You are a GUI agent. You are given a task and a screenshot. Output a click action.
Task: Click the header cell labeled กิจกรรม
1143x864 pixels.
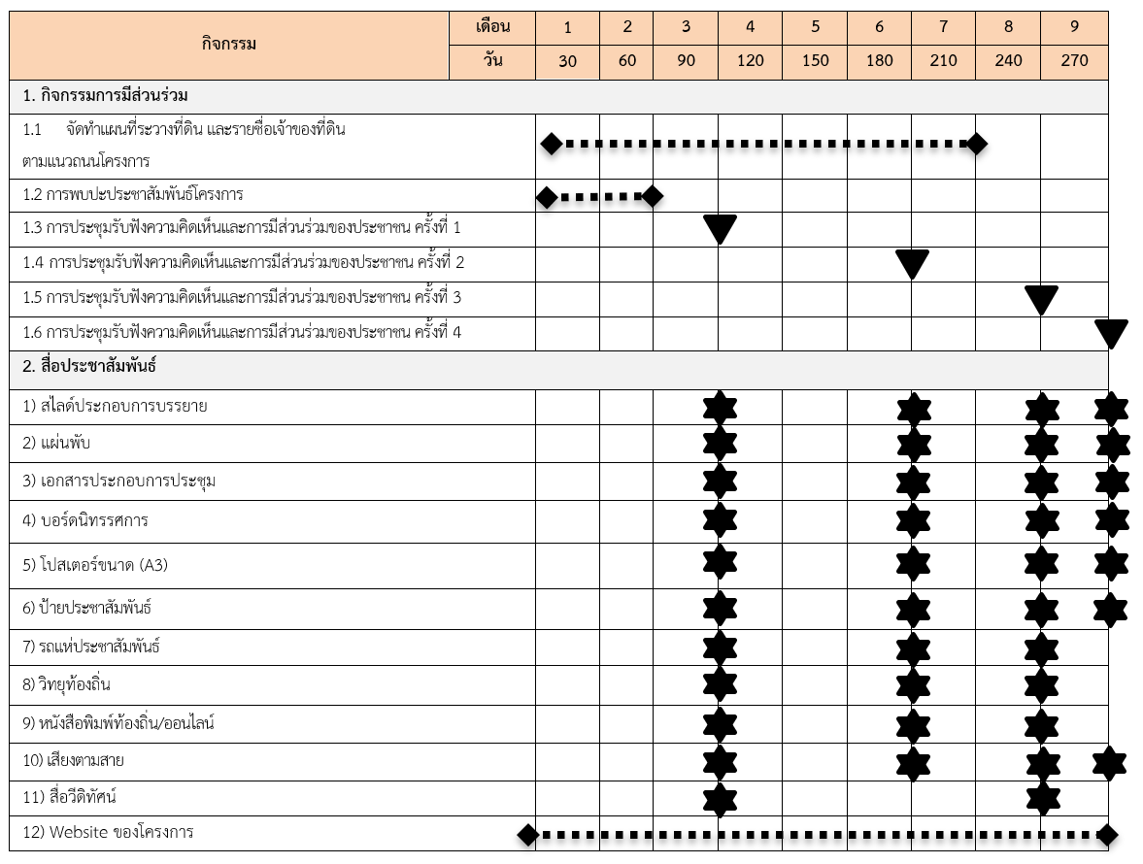click(229, 44)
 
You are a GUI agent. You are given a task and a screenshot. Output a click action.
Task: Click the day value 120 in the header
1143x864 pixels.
click(750, 60)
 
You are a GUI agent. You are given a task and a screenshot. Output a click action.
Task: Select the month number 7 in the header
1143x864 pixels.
click(943, 27)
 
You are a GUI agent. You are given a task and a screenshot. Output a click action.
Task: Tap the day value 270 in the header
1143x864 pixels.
click(1074, 60)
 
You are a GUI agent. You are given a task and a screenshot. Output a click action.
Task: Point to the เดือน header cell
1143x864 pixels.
click(492, 26)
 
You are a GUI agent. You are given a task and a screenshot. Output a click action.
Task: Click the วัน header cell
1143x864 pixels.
click(492, 60)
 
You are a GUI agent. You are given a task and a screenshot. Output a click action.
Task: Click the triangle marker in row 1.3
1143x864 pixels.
click(720, 229)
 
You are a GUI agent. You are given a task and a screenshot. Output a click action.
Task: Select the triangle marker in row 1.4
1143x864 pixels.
click(912, 263)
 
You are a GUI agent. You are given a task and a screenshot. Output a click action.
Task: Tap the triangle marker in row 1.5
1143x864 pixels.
click(1041, 299)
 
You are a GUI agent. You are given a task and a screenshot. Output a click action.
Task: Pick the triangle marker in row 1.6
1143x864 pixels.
click(1111, 333)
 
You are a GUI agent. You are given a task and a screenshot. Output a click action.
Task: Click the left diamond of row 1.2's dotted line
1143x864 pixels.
click(547, 197)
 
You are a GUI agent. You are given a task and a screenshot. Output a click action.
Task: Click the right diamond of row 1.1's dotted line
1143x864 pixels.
click(977, 145)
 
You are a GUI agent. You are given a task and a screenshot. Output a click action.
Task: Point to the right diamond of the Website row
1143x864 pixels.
click(1107, 834)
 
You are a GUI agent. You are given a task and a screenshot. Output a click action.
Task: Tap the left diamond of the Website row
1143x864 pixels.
click(527, 834)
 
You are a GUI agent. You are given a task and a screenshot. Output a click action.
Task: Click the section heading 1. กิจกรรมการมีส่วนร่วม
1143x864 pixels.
click(105, 96)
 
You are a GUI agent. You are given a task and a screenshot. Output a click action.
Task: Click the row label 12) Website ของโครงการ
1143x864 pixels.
click(108, 832)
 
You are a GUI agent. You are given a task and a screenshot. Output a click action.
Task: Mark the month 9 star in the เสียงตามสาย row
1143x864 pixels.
click(1109, 762)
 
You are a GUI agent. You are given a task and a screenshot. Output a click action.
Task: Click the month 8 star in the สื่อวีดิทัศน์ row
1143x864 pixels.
click(1042, 798)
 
